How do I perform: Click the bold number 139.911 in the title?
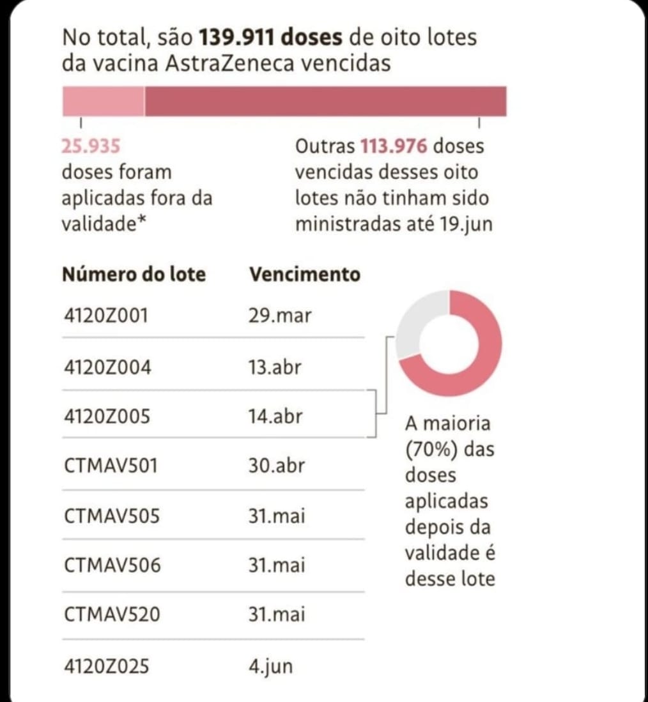click(x=238, y=37)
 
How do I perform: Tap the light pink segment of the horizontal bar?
click(x=103, y=102)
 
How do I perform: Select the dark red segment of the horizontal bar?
click(x=326, y=102)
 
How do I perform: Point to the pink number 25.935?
click(x=91, y=146)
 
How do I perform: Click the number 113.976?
click(x=394, y=146)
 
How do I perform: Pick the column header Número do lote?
click(x=134, y=274)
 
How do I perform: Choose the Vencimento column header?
click(x=304, y=274)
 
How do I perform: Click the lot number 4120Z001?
click(x=106, y=315)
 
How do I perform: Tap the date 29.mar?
click(x=280, y=315)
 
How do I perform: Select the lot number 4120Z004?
click(x=107, y=367)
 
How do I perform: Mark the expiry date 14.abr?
click(x=275, y=416)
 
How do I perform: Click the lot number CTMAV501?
click(x=111, y=465)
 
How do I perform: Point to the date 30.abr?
click(x=276, y=465)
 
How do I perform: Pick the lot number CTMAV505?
click(x=111, y=515)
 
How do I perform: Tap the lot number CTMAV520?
click(x=112, y=614)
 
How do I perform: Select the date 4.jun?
click(x=270, y=666)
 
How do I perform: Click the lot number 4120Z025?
click(x=107, y=666)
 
